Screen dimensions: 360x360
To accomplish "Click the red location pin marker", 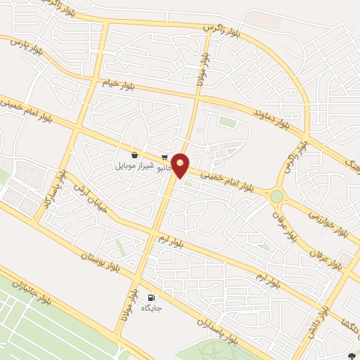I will coord(181,165).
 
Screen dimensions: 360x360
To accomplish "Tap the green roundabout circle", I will coord(277,196).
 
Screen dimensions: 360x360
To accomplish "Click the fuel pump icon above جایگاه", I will coord(152,297).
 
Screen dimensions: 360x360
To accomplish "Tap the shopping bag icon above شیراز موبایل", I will coord(134,155).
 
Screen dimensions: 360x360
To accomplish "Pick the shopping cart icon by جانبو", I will coord(165,157).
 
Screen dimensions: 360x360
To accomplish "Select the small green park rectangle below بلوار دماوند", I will coord(226,122).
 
